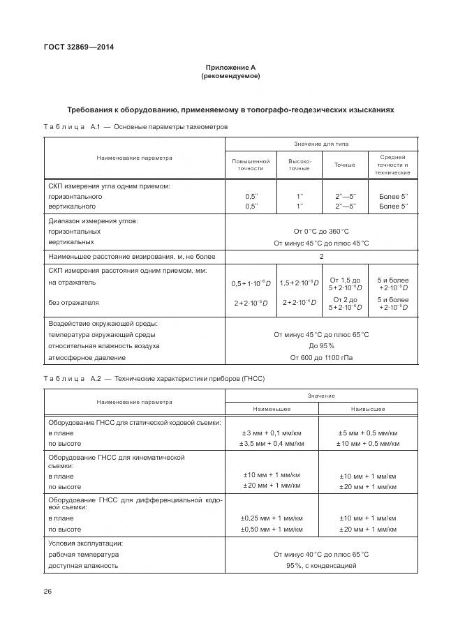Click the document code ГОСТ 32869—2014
79,47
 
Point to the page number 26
47,592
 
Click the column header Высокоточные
300,165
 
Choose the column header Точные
344,165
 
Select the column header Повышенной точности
251,165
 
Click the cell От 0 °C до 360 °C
321,231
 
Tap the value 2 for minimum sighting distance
321,256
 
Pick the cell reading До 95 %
321,346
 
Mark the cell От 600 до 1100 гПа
321,358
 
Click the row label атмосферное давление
87,358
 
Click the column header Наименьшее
272,409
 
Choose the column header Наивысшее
368,409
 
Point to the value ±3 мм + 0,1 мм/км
272,433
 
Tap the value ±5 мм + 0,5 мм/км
368,433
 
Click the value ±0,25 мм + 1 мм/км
272,518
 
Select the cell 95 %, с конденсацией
321,565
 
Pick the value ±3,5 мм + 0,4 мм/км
272,443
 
